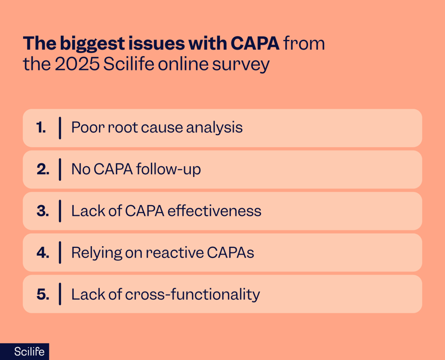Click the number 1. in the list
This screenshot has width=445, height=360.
(41, 127)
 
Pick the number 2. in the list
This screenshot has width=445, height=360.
(42, 169)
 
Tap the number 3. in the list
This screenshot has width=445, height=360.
(42, 211)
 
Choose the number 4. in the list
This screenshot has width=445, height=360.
(42, 252)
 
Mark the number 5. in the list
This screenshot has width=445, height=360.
(42, 294)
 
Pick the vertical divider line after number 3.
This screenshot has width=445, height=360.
(60, 211)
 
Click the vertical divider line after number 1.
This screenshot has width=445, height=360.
(60, 127)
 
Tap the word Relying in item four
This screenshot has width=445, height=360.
(91, 253)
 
